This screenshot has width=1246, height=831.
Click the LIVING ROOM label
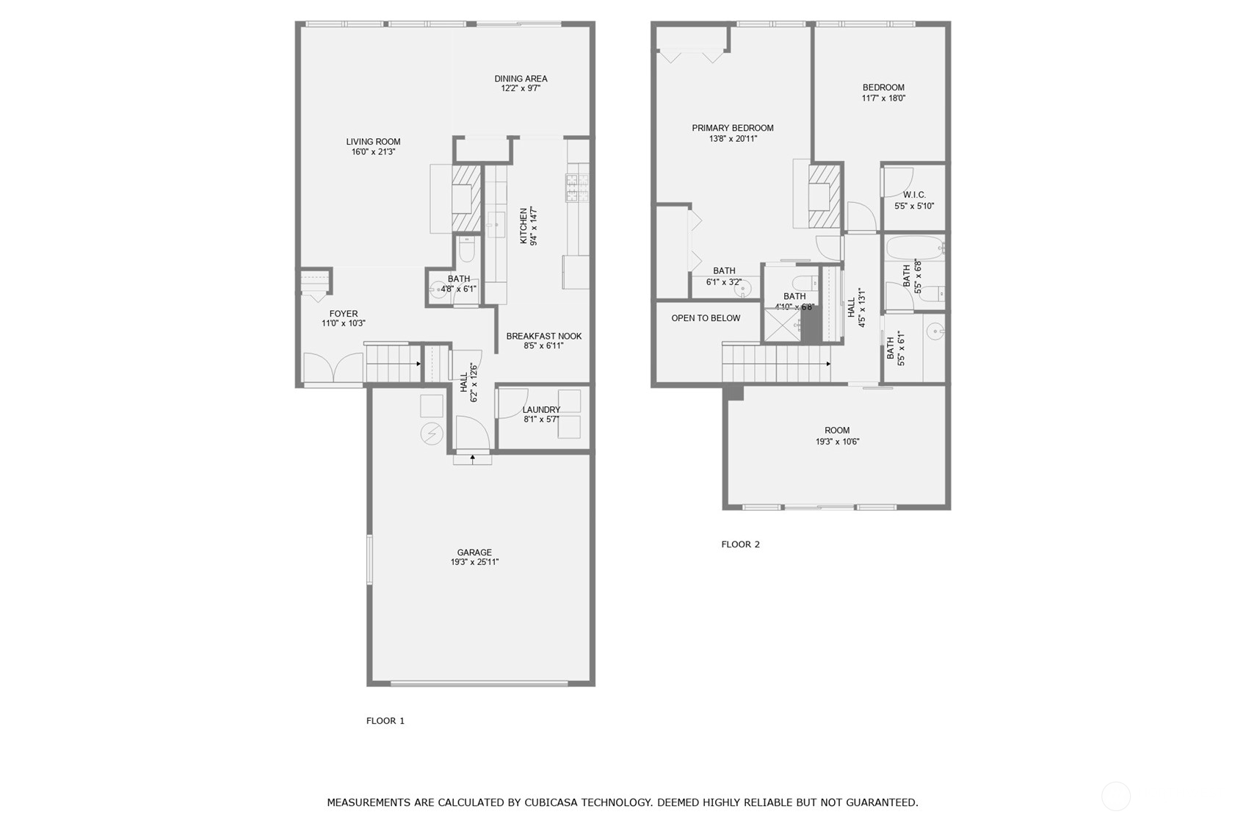[x=373, y=142]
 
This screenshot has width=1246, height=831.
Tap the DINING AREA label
[x=521, y=79]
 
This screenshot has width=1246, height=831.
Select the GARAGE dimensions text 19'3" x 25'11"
[x=474, y=562]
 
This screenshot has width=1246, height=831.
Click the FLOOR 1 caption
[x=385, y=721]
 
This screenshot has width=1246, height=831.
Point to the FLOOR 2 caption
[x=740, y=544]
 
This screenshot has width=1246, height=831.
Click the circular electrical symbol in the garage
[x=432, y=434]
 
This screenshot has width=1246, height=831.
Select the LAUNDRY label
[x=541, y=410]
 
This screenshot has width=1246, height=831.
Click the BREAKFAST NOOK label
[x=543, y=337]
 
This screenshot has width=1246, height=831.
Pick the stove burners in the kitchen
[x=577, y=187]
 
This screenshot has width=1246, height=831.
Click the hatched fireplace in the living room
[x=466, y=198]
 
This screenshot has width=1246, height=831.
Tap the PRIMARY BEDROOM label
[x=732, y=128]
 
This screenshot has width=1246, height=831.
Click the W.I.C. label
[x=914, y=195]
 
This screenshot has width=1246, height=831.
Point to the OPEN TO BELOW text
[x=706, y=318]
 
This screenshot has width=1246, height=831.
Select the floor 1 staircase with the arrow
[x=394, y=364]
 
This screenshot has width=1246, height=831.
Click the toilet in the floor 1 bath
[x=466, y=249]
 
